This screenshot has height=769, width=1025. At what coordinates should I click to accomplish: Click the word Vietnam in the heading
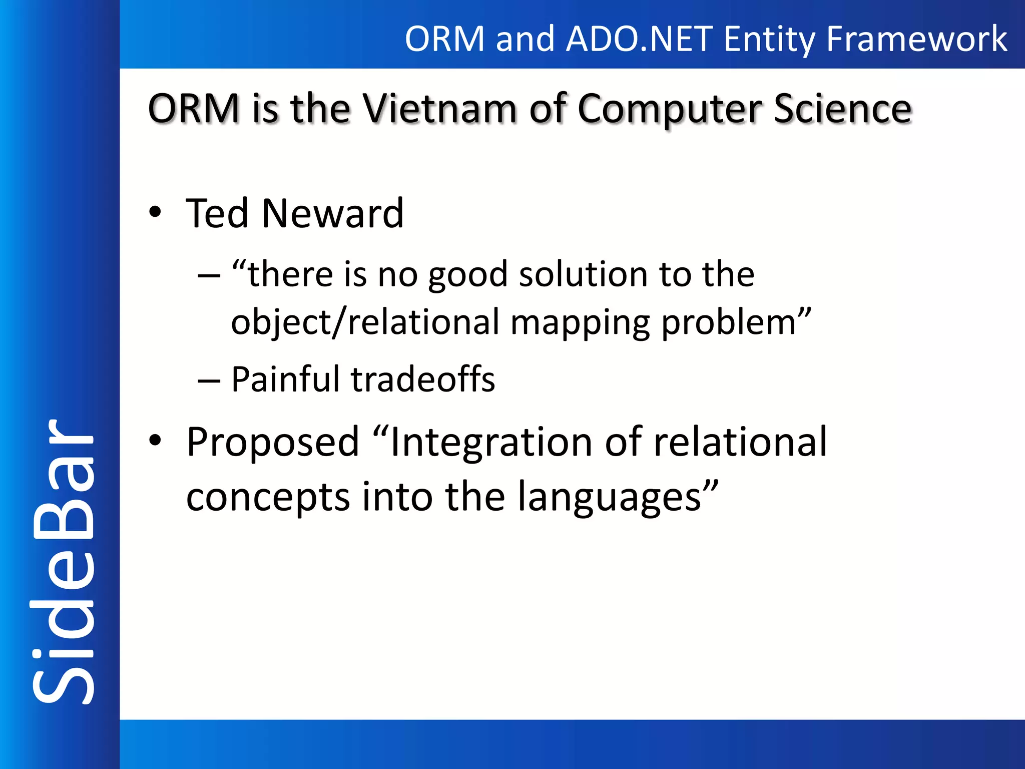coord(439,109)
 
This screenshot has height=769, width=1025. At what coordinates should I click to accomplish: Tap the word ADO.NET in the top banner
coord(639,39)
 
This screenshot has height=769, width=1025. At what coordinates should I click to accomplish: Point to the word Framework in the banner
coord(916,39)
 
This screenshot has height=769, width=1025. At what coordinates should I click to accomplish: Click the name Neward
coord(332,213)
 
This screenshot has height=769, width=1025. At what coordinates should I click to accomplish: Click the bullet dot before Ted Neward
coord(155,212)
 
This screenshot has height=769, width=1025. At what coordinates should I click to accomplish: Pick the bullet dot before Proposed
coord(155,441)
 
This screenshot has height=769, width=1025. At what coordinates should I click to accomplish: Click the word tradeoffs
coord(423,379)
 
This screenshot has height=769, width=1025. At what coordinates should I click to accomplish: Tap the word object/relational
coord(365,322)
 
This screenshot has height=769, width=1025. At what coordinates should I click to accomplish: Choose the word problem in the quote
coord(736,322)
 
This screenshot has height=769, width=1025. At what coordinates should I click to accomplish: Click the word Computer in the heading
coord(669,109)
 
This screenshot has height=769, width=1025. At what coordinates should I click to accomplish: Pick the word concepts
coord(268,497)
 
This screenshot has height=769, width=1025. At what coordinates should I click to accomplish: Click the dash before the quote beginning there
coord(209,275)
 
